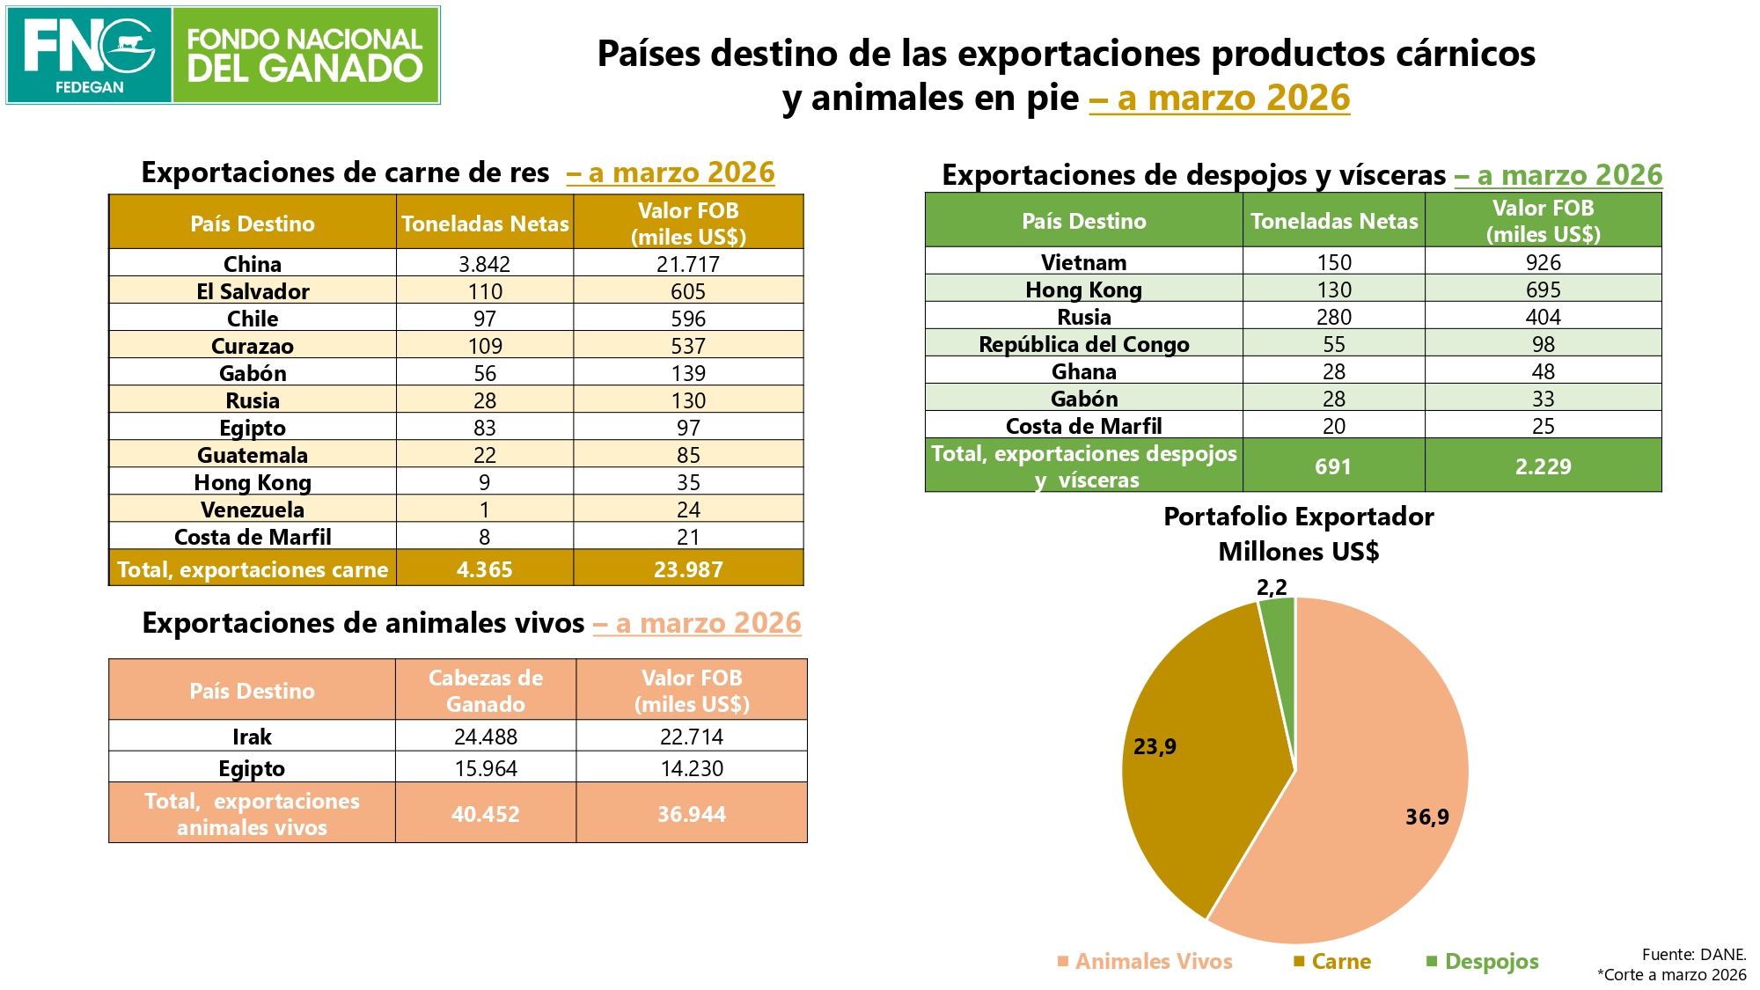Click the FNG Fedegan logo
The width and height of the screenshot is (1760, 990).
tap(223, 55)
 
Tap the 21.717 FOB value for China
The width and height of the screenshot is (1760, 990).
tap(688, 264)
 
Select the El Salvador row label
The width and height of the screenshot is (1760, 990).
tap(253, 291)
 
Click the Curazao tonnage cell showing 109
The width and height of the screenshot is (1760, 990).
tap(485, 346)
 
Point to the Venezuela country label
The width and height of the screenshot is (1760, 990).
tap(253, 510)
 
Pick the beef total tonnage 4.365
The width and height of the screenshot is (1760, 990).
tap(485, 569)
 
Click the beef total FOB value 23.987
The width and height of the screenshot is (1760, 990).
tap(688, 569)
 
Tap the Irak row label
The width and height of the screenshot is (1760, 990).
tap(252, 737)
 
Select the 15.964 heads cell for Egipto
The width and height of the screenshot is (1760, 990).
tap(486, 768)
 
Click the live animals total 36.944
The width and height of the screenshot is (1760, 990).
tap(692, 814)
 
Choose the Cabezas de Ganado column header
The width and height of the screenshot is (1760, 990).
tap(486, 691)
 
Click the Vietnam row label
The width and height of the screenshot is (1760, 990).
tap(1084, 262)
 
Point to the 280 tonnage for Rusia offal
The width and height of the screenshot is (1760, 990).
tap(1334, 317)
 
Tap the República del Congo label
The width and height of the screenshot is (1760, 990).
tap(1084, 344)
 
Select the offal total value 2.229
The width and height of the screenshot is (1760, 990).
tap(1544, 466)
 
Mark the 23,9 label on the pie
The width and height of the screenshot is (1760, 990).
tap(1155, 746)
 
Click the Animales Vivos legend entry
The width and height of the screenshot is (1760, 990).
tap(1145, 961)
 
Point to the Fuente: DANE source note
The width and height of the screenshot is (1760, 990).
tap(1694, 954)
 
